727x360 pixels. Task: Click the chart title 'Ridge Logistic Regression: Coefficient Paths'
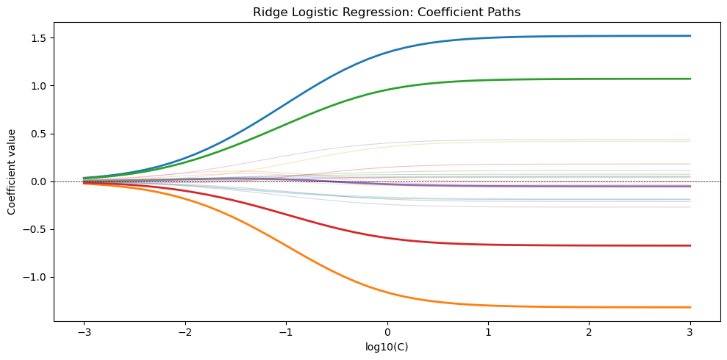[387, 12]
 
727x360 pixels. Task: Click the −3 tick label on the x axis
[85, 333]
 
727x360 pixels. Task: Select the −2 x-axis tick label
[185, 333]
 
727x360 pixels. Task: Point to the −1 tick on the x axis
[287, 333]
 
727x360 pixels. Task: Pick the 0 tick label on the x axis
[387, 333]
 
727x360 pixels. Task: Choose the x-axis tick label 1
[489, 333]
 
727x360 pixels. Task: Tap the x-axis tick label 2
[590, 333]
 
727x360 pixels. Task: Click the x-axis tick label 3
[691, 333]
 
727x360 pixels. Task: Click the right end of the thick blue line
[690, 36]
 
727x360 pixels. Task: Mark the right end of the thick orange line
[690, 307]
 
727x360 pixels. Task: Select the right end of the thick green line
[690, 79]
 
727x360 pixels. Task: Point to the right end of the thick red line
[690, 245]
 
